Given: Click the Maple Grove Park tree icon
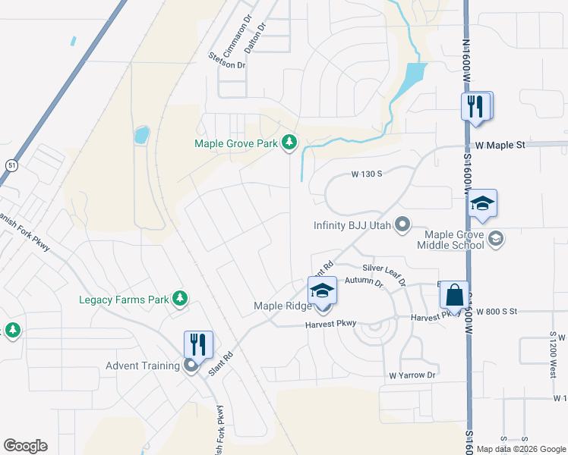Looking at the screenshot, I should [289, 142].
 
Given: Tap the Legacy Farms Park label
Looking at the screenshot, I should [124, 300].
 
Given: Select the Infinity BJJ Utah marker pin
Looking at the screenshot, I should [404, 224].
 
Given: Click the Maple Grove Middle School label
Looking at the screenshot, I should [450, 240].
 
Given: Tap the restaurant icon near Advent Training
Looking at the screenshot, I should [198, 344].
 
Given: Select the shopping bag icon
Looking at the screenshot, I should [453, 294].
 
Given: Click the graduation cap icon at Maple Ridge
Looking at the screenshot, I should [322, 290].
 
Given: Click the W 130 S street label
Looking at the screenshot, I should [366, 174].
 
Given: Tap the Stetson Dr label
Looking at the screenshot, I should [227, 65].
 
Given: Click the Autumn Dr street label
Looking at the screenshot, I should [364, 281].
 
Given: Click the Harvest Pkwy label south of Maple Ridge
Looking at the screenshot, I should [331, 324].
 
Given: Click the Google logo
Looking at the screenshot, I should [25, 446].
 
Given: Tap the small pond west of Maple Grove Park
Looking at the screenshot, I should [141, 136].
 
